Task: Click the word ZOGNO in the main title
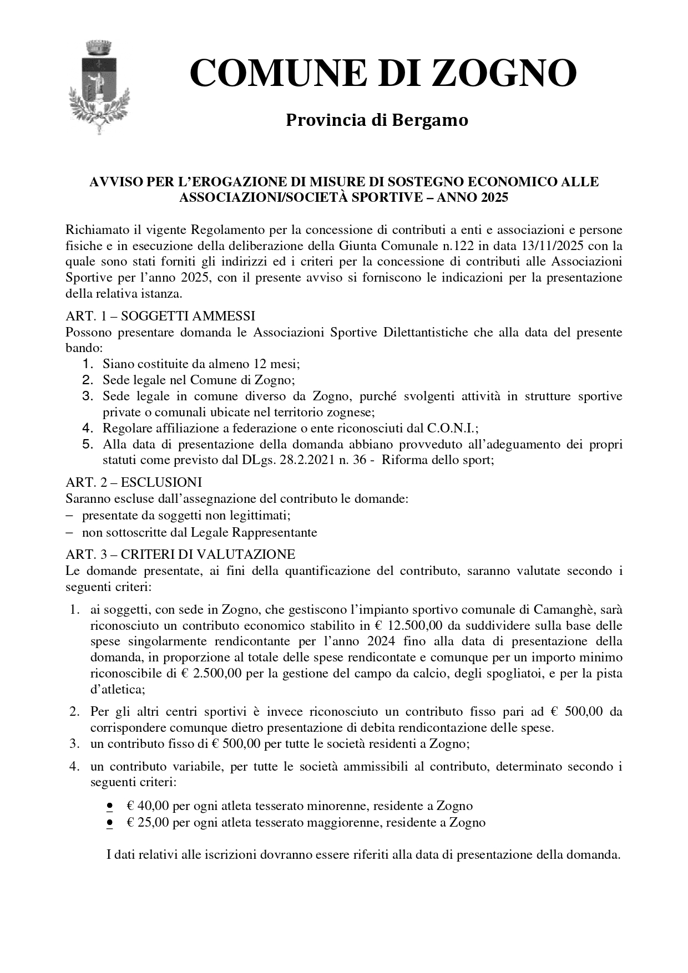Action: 504,74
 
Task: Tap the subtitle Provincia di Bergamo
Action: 377,120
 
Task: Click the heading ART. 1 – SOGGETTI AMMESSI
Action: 160,316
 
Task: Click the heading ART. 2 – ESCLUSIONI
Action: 134,482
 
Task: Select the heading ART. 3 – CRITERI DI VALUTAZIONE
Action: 180,554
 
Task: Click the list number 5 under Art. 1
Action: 87,445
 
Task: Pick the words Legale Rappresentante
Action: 254,533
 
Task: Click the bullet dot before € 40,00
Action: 110,806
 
